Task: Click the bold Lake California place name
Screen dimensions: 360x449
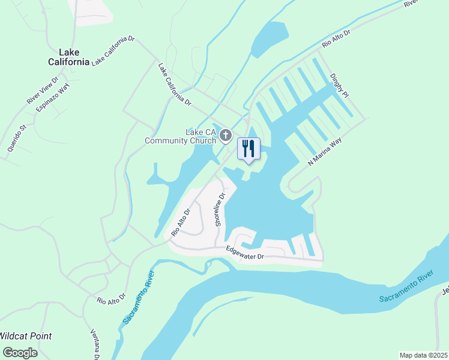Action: point(69,56)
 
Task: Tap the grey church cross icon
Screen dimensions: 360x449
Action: point(226,136)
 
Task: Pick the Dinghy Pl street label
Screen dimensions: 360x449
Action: point(339,85)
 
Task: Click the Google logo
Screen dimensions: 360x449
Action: point(19,353)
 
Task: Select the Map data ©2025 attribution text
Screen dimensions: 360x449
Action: point(423,355)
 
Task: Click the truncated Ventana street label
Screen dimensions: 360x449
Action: point(94,343)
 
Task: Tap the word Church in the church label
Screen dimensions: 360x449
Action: point(200,141)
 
